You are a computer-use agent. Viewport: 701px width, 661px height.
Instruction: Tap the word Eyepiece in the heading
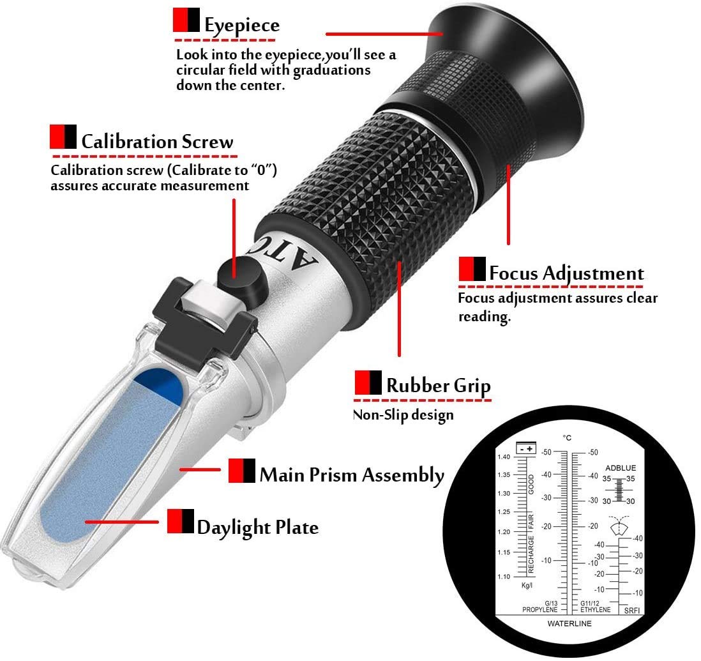pos(241,26)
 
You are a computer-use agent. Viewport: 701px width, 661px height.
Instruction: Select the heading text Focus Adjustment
pos(566,273)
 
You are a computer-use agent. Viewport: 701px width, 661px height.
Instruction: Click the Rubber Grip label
pos(438,386)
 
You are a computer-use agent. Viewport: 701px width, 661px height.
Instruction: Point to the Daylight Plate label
pos(257,528)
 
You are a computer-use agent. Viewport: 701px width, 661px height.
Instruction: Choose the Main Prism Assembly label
pos(351,475)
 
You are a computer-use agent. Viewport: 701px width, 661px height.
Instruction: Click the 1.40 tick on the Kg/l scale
pos(505,457)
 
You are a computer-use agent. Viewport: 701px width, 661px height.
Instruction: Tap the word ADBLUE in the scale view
pos(621,468)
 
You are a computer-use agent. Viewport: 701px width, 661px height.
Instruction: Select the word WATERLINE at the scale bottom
pos(569,623)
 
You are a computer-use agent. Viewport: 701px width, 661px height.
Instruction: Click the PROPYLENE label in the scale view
pos(540,610)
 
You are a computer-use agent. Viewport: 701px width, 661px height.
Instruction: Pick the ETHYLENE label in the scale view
pos(595,610)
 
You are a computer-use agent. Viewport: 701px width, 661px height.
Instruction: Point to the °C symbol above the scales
pos(566,438)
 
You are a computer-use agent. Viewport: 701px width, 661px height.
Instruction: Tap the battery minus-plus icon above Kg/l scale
pos(527,448)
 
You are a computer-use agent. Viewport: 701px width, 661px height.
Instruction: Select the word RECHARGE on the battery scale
pos(531,554)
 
